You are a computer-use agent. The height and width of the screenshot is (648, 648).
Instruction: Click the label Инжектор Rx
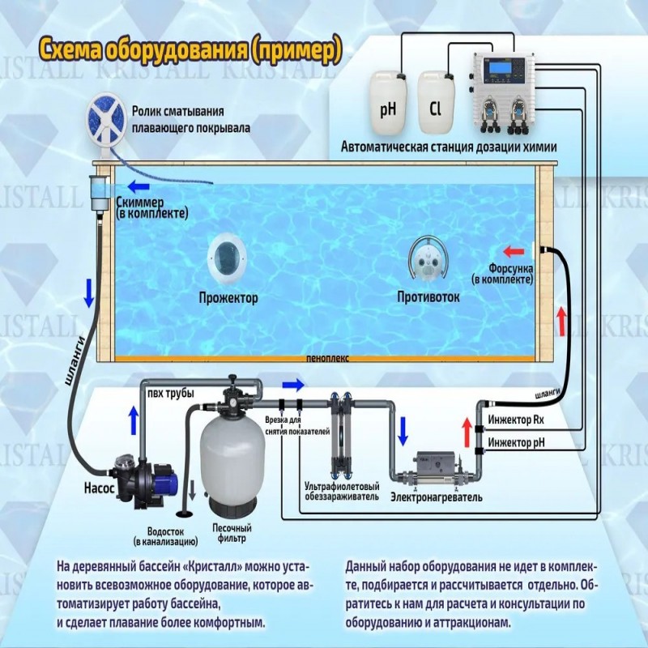click(515, 421)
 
